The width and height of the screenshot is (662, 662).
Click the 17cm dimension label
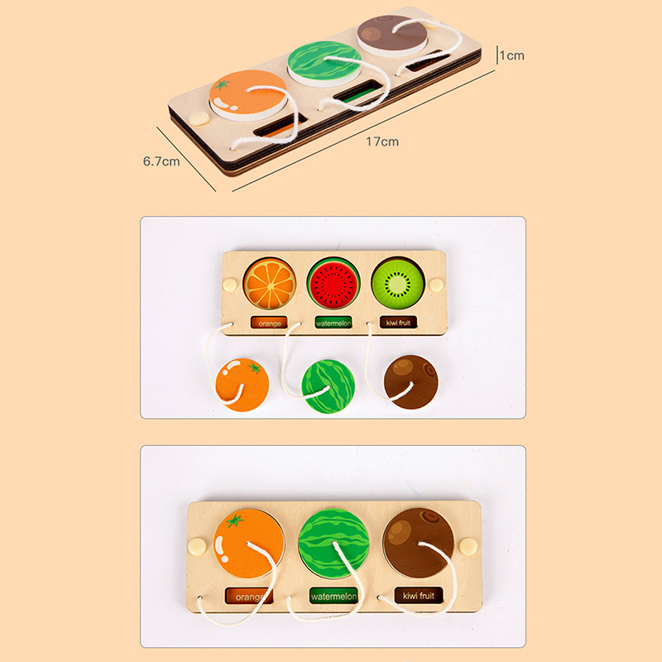[x=382, y=142]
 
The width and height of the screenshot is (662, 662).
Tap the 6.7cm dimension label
[x=161, y=161]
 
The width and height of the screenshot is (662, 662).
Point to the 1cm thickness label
[x=511, y=55]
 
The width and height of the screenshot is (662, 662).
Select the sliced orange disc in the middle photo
[x=270, y=283]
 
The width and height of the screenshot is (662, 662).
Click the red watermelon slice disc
[x=333, y=283]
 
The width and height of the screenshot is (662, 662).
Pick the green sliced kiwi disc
[x=397, y=282]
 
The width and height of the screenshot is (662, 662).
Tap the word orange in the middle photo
[x=270, y=324]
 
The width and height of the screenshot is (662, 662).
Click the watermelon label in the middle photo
[x=333, y=324]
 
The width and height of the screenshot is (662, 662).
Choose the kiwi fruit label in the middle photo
[x=398, y=323]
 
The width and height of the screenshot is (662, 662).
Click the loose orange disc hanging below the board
[x=242, y=385]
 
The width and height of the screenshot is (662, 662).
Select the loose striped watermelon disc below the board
[x=329, y=386]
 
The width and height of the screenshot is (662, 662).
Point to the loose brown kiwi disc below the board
[x=410, y=382]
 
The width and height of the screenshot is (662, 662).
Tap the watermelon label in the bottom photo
[x=333, y=597]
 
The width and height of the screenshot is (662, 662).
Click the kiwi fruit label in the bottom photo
[x=419, y=596]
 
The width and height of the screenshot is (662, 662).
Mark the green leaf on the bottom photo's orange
[x=235, y=520]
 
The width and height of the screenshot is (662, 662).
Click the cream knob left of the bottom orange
[x=197, y=546]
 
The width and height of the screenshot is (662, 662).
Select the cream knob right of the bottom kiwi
[x=468, y=546]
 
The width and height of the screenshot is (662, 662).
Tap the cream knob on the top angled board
[x=199, y=118]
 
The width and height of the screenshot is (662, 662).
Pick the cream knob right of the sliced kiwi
[x=436, y=285]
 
